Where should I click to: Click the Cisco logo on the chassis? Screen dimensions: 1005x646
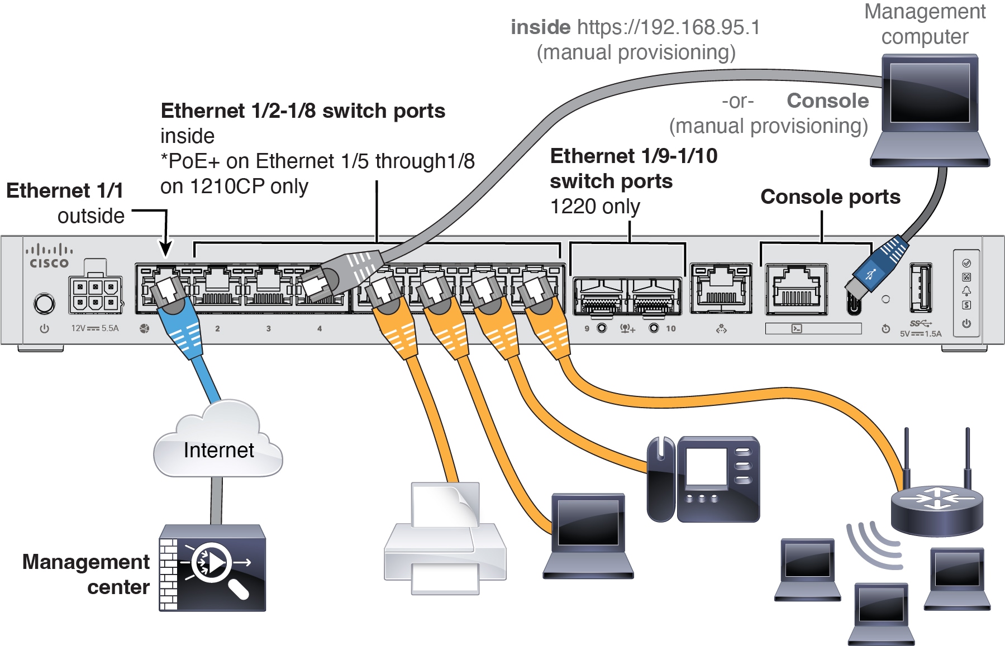coord(49,256)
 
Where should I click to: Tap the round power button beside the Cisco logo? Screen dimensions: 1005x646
coord(45,304)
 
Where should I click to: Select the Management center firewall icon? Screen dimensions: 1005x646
coord(212,568)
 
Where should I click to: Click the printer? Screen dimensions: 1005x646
coord(445,538)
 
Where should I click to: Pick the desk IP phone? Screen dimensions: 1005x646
coord(703,480)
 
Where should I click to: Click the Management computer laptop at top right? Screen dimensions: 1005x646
coord(930,110)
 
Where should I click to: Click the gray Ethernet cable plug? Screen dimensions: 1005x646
coord(341,273)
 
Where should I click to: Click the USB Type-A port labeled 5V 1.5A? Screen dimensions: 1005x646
coord(920,288)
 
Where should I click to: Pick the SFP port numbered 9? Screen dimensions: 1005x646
coord(601,296)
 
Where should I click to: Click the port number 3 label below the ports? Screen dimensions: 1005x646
coord(269,329)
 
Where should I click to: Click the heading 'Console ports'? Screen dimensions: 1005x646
coord(830,197)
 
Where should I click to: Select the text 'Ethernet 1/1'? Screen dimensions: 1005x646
coord(65,190)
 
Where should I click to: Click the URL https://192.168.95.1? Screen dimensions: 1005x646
coord(668,27)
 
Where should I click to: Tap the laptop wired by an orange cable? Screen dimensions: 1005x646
coord(588,535)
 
